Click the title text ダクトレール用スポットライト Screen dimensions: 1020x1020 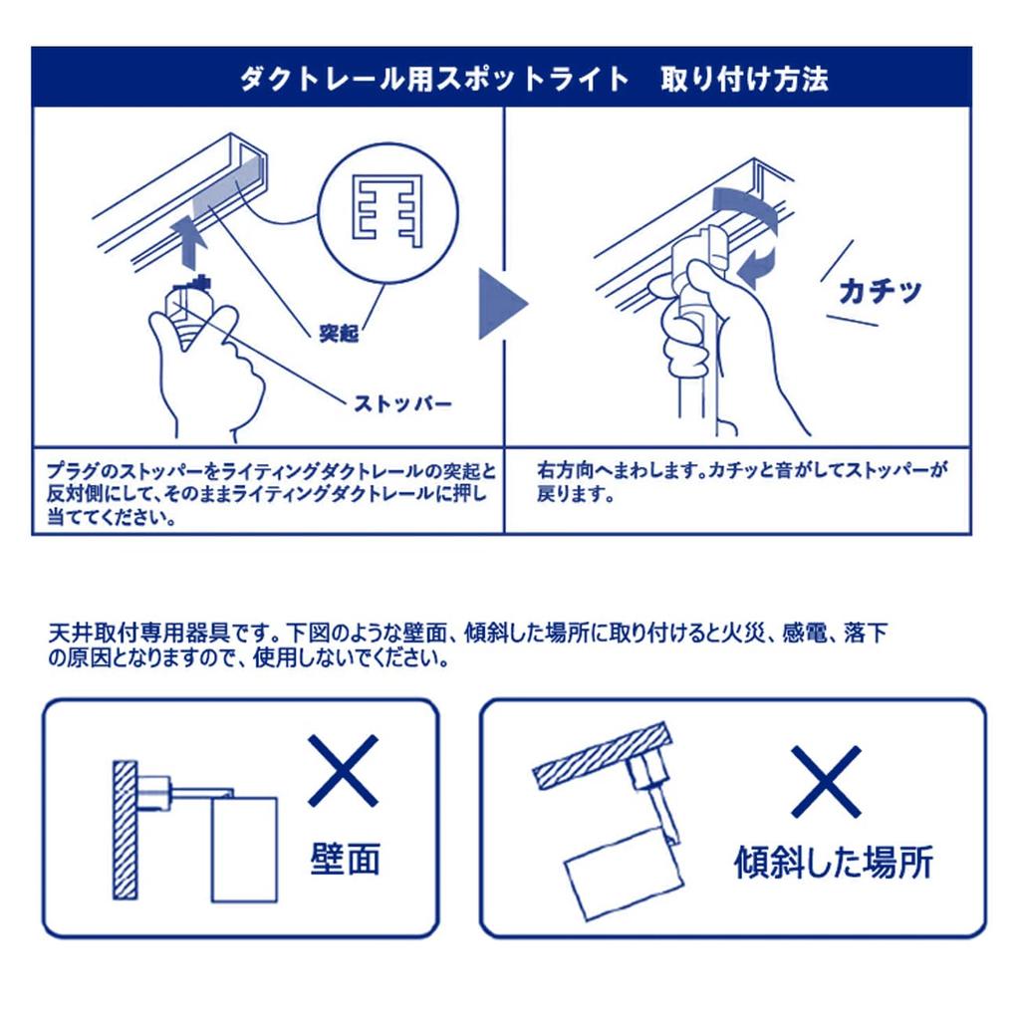click(434, 80)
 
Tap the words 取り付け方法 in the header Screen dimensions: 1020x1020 click(744, 80)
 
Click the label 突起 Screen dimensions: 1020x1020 click(339, 333)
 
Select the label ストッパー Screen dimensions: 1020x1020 click(402, 403)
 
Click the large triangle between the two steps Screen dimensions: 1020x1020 click(502, 304)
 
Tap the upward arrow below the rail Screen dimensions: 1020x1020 click(190, 242)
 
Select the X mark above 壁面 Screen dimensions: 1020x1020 click(344, 771)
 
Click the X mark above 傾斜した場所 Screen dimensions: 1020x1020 click(826, 781)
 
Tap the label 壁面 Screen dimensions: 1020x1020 click(345, 859)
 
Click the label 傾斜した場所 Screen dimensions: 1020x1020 click(834, 862)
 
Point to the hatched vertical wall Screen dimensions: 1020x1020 click(125, 830)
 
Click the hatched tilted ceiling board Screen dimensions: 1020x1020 click(602, 755)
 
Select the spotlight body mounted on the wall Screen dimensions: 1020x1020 click(245, 849)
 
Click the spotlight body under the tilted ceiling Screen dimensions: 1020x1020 click(624, 871)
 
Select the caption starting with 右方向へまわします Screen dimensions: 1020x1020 click(742, 481)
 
